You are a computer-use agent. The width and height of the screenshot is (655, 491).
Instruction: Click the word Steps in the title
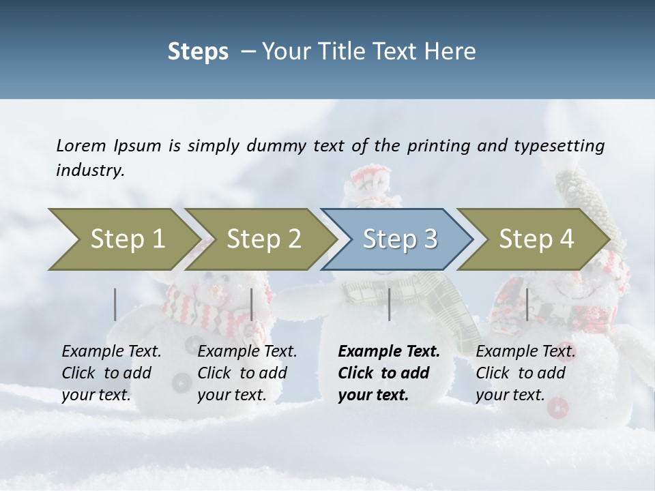pyautogui.click(x=198, y=52)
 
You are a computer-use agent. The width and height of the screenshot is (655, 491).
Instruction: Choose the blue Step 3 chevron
pyautogui.click(x=400, y=239)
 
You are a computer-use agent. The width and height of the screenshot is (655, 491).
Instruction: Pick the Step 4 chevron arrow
pyautogui.click(x=536, y=239)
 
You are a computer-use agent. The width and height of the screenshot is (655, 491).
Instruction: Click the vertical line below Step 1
pyautogui.click(x=115, y=304)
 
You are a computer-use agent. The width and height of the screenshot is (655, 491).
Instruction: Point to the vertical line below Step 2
pyautogui.click(x=252, y=304)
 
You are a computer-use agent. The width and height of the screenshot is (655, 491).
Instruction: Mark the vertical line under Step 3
pyautogui.click(x=389, y=304)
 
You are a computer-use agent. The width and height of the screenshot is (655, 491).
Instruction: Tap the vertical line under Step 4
pyautogui.click(x=527, y=304)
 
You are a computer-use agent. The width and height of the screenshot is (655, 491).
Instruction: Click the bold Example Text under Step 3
pyautogui.click(x=389, y=372)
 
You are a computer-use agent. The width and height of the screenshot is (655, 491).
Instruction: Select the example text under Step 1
pyautogui.click(x=111, y=372)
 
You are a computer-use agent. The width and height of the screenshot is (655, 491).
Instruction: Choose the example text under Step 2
pyautogui.click(x=247, y=372)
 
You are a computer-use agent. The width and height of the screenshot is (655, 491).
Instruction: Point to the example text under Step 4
pyautogui.click(x=525, y=372)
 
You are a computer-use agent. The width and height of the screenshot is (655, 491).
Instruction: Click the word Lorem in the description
pyautogui.click(x=81, y=145)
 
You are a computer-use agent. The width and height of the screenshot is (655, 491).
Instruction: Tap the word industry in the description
pyautogui.click(x=90, y=170)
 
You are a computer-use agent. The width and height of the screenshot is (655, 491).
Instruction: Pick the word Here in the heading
pyautogui.click(x=453, y=52)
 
